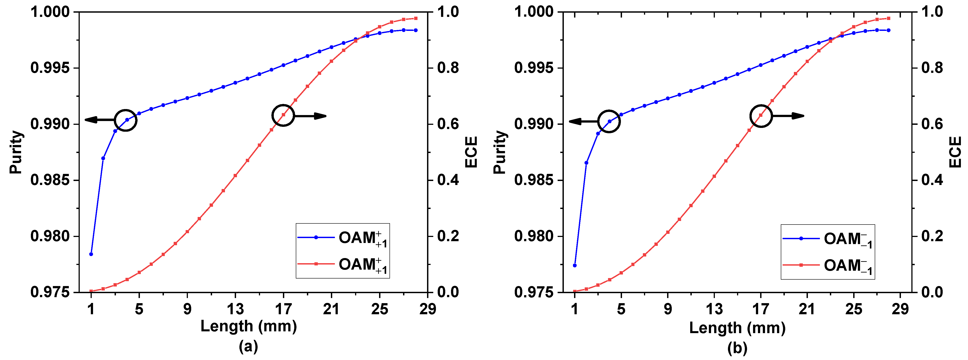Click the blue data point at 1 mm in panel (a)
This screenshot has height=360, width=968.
coord(91,254)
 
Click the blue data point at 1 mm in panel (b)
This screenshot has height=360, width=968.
coord(574,265)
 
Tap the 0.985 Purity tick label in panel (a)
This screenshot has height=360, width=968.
coord(50,180)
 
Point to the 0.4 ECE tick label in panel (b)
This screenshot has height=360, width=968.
coord(932,180)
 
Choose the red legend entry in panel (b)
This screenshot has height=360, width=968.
coord(827,266)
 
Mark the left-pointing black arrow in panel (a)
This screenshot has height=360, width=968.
coord(99,120)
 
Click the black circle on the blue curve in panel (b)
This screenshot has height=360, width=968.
coord(608,121)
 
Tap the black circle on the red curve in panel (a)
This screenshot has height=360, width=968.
coord(283,115)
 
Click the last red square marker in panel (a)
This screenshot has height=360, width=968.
coord(416,18)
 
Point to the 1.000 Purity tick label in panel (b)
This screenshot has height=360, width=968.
coord(534,12)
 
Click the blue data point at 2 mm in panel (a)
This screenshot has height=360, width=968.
coord(103,158)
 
